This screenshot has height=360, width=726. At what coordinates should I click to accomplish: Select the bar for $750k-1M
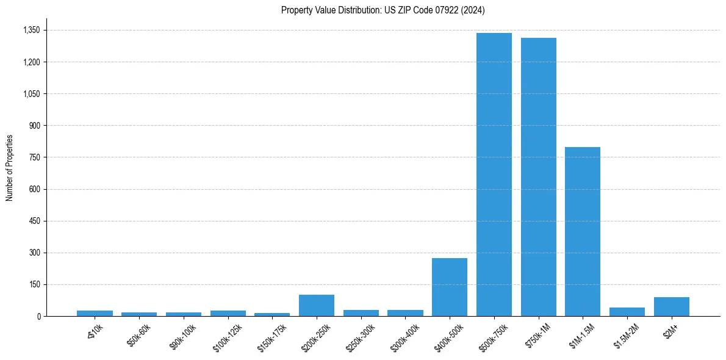[x=538, y=177]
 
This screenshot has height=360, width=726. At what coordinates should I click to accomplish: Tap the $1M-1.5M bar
[x=583, y=232]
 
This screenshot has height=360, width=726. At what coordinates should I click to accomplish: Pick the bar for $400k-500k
[x=450, y=287]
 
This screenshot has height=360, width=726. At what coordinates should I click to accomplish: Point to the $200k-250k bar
[x=316, y=306]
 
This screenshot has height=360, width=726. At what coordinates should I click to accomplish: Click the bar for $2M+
[x=671, y=307]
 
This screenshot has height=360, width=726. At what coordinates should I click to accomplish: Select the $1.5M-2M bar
[x=627, y=312]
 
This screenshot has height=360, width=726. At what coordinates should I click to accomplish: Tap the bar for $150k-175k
[x=272, y=314]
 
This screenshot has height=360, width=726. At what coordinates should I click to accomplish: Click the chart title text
[x=383, y=10]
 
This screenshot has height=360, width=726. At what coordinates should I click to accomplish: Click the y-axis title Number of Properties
[x=10, y=168]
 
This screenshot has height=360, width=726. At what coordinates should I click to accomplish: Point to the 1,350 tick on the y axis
[x=31, y=30]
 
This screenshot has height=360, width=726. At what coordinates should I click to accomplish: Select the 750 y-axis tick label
[x=34, y=157]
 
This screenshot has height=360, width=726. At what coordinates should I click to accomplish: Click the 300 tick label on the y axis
[x=34, y=253]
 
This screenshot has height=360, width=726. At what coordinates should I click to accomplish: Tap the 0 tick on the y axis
[x=38, y=316]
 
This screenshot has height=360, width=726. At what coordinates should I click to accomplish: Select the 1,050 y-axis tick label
[x=31, y=94]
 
